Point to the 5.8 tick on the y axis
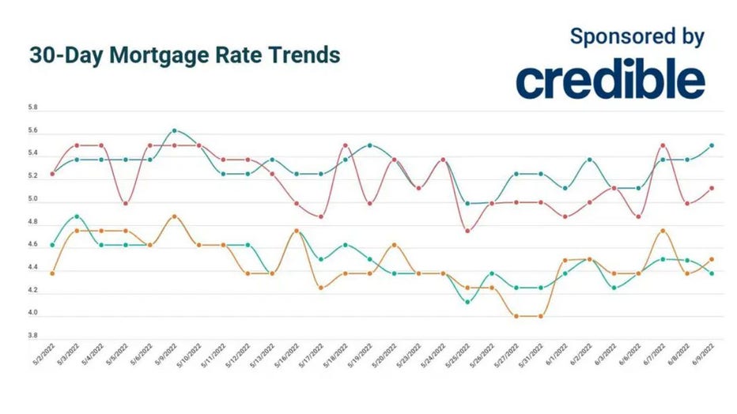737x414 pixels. (33, 107)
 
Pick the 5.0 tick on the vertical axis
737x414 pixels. (33, 201)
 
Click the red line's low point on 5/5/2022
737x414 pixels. (125, 203)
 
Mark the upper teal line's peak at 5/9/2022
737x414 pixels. (174, 130)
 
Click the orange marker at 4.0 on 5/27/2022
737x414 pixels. (516, 316)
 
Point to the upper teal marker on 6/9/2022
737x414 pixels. (711, 145)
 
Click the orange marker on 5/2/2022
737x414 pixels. (51, 273)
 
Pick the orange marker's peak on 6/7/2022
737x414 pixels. (662, 230)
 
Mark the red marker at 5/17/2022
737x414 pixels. (320, 216)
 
